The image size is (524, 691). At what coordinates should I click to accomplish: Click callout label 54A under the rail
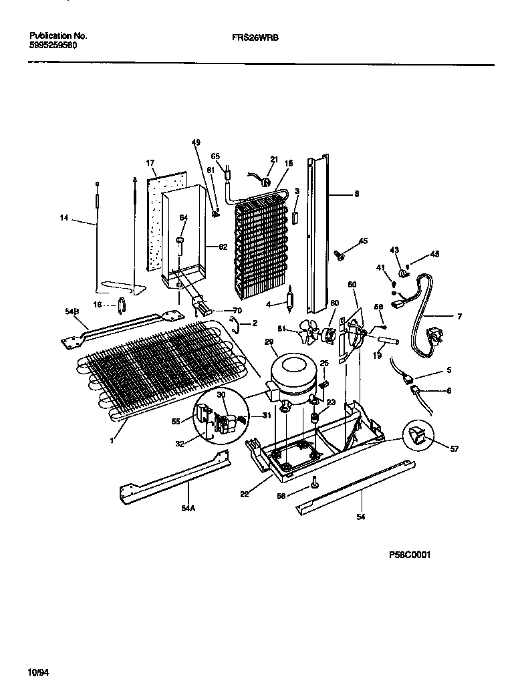[189, 508]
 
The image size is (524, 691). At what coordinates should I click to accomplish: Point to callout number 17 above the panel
[150, 162]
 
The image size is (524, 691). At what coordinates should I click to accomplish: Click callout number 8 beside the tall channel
[356, 194]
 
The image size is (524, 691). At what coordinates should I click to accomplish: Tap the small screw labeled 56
[314, 482]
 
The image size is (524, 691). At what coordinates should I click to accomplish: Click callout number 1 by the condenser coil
[114, 440]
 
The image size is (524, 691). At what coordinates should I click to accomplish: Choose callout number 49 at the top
[196, 142]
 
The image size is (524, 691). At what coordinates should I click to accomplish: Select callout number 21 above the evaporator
[273, 159]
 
